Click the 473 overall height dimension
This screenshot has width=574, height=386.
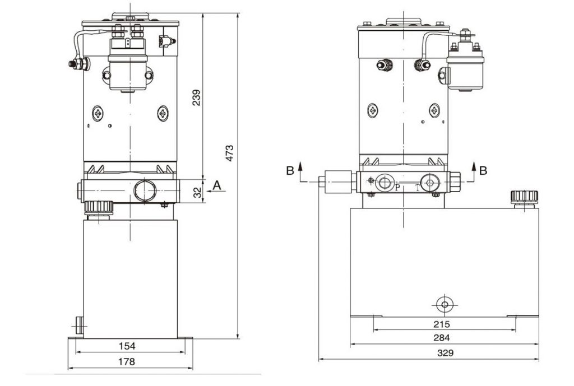point(229,154)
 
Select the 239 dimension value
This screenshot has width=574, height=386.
point(197,97)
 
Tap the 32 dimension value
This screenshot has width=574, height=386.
point(197,193)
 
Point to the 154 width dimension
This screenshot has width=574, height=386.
point(127,346)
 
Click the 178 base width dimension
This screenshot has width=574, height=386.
point(127,361)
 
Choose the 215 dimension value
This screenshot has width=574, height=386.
point(441,324)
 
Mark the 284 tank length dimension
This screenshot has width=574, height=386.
point(442,338)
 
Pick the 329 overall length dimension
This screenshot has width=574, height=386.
point(445,353)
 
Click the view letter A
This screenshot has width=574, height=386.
point(217,185)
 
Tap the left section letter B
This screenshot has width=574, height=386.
point(290,170)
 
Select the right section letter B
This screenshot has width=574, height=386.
point(483,170)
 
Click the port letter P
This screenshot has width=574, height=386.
point(397,188)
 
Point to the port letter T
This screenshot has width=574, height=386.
point(418,188)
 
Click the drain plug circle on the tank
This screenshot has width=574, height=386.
point(445,304)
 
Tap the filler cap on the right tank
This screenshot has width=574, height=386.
point(525,198)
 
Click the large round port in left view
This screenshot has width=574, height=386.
point(145,190)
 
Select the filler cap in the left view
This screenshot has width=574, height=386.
point(99,208)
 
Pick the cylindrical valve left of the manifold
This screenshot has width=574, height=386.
point(337,182)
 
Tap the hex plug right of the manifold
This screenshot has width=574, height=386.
point(454,182)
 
